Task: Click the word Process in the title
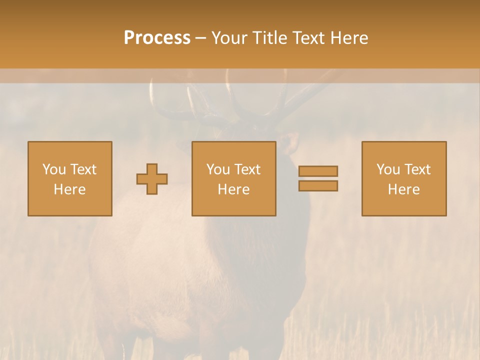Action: [x=157, y=38]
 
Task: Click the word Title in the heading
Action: [x=270, y=38]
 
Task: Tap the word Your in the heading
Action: [x=229, y=38]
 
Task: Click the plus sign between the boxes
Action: [x=152, y=179]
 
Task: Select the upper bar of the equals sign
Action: [x=318, y=171]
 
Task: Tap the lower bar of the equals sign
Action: [x=318, y=186]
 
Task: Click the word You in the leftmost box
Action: [x=53, y=169]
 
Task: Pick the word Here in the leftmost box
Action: [x=69, y=189]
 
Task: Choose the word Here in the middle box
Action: [x=233, y=189]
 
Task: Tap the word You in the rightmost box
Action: [x=387, y=169]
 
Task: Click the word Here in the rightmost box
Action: [x=403, y=189]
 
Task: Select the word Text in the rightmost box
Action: [x=417, y=169]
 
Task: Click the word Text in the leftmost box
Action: [x=83, y=169]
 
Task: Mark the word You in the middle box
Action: [x=217, y=169]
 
